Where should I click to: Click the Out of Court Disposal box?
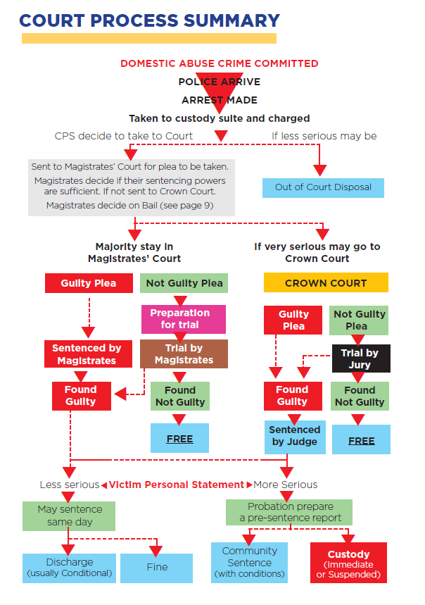324,187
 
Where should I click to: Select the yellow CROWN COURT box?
326,283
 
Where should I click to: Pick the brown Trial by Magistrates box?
184,354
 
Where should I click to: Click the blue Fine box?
156,567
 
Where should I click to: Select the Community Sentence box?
249,562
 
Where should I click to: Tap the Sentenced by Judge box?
295,435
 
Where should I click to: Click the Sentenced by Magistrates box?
87,354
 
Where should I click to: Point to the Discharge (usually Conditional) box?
69,567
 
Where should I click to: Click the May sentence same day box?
70,516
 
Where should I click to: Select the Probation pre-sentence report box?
290,512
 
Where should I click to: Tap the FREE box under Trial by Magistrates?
179,438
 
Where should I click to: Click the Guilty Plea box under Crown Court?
293,320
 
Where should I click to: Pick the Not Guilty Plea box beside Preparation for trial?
184,283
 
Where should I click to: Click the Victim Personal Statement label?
176,485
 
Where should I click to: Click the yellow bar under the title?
148,38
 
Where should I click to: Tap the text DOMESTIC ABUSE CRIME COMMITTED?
219,63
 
